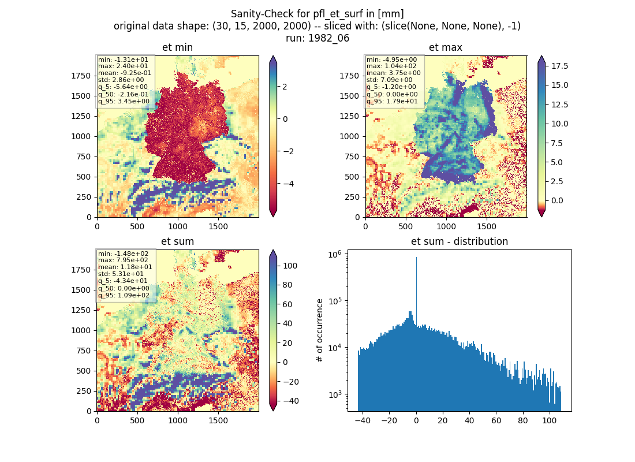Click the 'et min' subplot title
point(177,47)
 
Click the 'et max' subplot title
point(446,47)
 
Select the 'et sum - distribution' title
point(460,241)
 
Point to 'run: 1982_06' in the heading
point(317,38)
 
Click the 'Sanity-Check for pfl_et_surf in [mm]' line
point(317,14)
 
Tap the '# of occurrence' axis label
point(320,331)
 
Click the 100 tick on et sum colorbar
point(290,266)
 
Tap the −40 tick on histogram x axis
point(363,420)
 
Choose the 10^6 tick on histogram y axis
point(335,254)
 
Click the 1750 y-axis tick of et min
point(81,76)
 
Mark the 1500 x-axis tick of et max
point(487,226)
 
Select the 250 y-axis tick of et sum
point(84,391)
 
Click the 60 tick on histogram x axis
point(496,420)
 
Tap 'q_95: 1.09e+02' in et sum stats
point(124,295)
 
